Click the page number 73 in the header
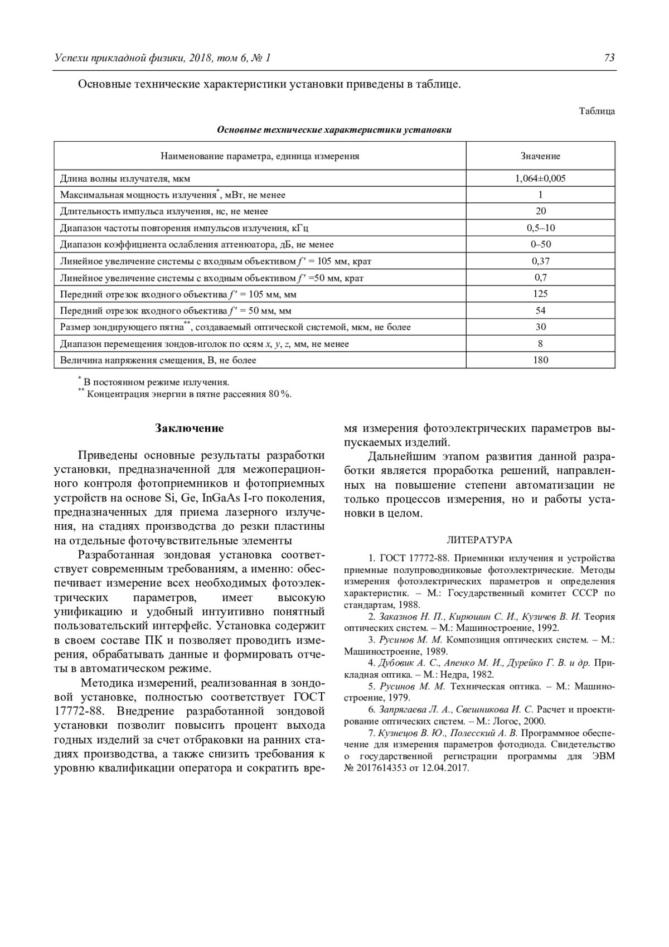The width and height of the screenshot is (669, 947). point(609,58)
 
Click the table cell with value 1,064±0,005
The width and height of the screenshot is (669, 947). point(540,178)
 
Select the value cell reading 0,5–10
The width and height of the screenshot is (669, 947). point(540,228)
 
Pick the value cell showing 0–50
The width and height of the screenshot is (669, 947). point(540,244)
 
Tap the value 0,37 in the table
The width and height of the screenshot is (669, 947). point(540,261)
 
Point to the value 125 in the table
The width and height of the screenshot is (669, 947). point(540,294)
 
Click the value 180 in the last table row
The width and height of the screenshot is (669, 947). point(540,360)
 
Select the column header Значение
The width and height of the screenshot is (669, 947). point(540,156)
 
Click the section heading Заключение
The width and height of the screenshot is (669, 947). point(189,428)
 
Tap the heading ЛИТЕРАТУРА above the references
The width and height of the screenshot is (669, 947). point(479,540)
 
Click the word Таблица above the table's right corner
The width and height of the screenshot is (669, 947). point(597,111)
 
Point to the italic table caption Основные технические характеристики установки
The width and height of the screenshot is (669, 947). point(334,130)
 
